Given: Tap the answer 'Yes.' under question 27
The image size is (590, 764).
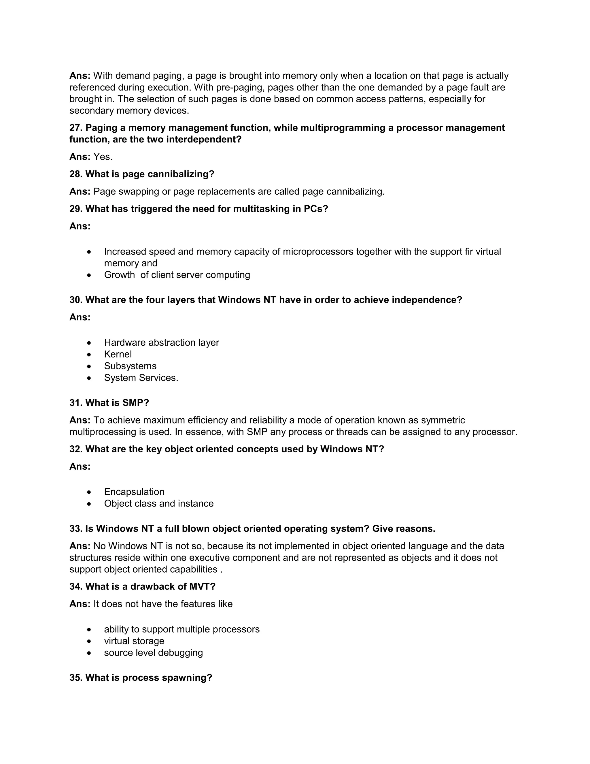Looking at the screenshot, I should (103, 157).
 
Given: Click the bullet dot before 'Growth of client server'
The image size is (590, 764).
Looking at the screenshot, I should (90, 275).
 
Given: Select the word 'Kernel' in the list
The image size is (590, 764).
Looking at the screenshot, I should (118, 354).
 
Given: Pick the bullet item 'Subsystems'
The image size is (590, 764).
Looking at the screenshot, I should (130, 366).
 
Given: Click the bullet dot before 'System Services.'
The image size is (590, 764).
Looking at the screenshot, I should (90, 378).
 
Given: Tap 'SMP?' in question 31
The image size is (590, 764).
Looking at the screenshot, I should (136, 403).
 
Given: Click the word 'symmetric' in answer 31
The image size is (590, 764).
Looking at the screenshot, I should (443, 420).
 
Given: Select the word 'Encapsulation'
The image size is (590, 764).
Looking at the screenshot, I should (134, 492).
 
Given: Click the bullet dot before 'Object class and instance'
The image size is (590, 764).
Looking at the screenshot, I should (90, 504).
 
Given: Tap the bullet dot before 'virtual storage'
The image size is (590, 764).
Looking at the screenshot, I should (90, 641).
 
